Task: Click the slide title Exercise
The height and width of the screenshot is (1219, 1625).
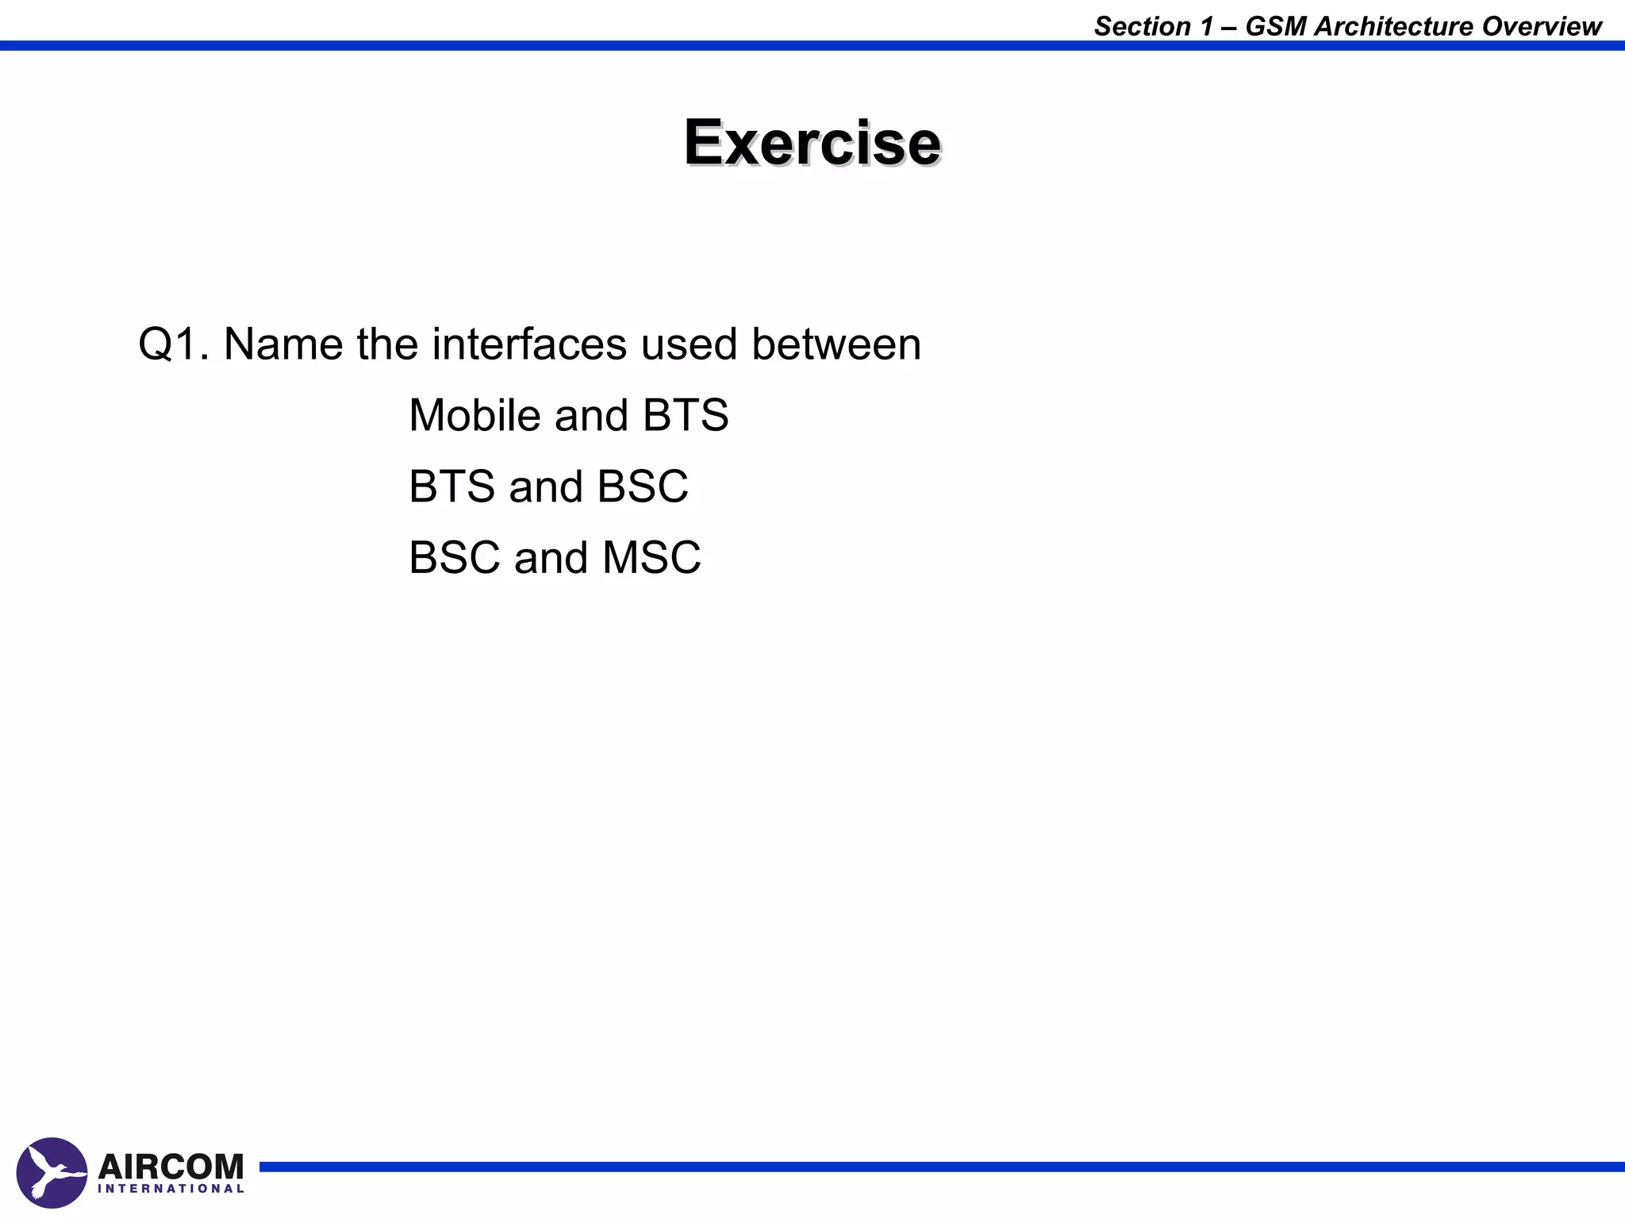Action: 812,143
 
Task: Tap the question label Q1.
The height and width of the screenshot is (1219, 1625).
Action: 173,344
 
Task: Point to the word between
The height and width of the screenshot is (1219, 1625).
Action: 836,344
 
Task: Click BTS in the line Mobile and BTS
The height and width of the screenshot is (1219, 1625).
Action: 686,415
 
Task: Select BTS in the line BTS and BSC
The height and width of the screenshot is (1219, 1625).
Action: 451,486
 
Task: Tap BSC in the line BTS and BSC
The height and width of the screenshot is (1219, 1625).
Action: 643,486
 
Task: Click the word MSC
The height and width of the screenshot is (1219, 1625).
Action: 651,557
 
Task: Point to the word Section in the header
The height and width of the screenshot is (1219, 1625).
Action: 1143,27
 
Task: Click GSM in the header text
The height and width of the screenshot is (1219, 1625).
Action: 1276,27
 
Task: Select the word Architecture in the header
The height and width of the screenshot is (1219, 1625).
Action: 1393,27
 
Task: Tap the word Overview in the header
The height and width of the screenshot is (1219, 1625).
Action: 1542,27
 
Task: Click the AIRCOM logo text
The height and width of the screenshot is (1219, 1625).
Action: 171,1167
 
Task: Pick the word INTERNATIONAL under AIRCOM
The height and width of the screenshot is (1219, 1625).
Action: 171,1189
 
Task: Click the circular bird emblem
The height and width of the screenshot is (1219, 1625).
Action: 52,1173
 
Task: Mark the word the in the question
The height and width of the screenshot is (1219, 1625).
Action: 386,344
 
